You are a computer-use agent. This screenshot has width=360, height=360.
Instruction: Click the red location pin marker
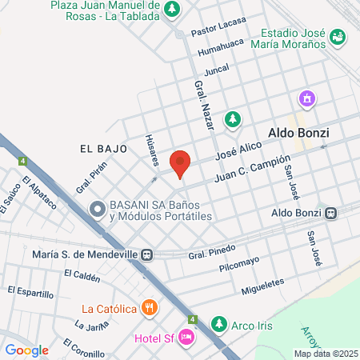coord(181,163)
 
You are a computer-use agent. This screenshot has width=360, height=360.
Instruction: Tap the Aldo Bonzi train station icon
coord(330,213)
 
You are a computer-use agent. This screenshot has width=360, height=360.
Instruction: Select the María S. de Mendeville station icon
coord(147,254)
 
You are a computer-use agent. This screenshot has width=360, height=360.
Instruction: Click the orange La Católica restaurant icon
coord(148,307)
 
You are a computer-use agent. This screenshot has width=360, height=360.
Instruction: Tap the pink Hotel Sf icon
coord(186,338)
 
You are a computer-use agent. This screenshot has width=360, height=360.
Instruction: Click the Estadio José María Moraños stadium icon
coord(338,37)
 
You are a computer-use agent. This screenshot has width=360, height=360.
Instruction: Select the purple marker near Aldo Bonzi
coord(306,99)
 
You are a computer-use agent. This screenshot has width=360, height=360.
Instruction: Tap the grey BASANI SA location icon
coord(98,210)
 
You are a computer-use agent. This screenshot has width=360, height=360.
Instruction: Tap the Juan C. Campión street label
coord(250,170)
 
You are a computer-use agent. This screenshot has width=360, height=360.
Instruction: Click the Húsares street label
coord(151,149)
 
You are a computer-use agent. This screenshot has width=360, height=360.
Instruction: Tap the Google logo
coord(27,350)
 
